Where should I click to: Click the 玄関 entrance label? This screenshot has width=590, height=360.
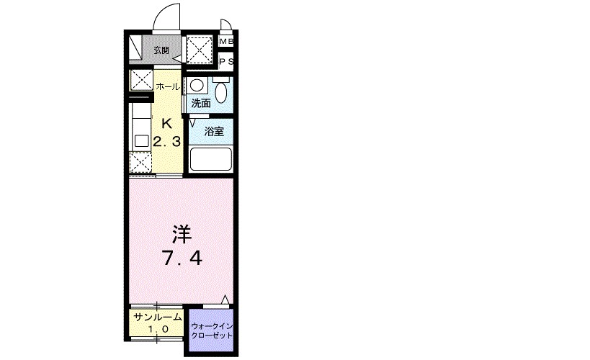(x=161, y=50)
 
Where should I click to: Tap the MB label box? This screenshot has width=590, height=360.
(x=226, y=41)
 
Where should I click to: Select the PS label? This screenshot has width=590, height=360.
(x=226, y=61)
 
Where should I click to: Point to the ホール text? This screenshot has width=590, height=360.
(x=168, y=86)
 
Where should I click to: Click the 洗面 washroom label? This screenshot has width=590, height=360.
(x=200, y=103)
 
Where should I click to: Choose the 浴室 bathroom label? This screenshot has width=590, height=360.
(x=214, y=131)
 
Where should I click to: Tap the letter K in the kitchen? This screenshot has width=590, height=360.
(x=166, y=123)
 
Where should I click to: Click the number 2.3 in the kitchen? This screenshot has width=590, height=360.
(x=166, y=141)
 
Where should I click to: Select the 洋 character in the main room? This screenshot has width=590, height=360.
(x=182, y=234)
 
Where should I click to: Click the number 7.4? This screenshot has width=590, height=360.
(x=182, y=258)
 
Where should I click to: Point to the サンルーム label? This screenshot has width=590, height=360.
(x=158, y=317)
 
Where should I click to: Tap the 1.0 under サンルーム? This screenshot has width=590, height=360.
(x=158, y=330)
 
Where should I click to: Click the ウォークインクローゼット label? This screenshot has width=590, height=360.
(x=212, y=330)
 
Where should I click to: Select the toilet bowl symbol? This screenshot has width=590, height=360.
(x=221, y=90)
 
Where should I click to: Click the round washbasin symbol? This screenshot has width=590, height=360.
(x=197, y=85)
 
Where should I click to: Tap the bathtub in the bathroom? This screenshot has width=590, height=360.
(x=210, y=159)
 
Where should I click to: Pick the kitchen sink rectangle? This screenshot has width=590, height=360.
(x=141, y=141)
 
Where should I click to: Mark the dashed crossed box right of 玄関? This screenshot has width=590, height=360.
(x=200, y=50)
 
